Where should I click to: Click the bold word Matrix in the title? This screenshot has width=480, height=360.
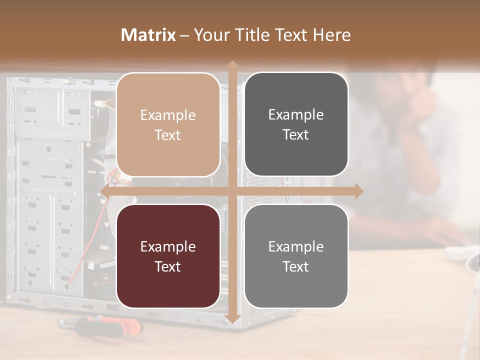pos(148,35)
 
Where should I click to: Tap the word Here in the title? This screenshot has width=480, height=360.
pos(332,35)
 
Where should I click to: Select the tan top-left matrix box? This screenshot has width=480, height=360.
pos(168,124)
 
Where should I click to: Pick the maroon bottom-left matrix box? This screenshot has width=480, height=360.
pos(168,256)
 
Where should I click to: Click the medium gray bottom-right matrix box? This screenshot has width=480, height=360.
pos(296,256)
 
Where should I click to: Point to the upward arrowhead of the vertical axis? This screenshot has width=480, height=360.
pos(232,65)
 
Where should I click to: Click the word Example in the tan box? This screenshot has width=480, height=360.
pos(168,115)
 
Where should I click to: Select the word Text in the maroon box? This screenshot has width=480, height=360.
pos(168,266)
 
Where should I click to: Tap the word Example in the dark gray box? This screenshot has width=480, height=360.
pos(296,115)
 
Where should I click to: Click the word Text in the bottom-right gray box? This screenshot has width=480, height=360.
pos(296,266)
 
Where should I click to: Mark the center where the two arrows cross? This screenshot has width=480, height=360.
pos(232,191)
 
